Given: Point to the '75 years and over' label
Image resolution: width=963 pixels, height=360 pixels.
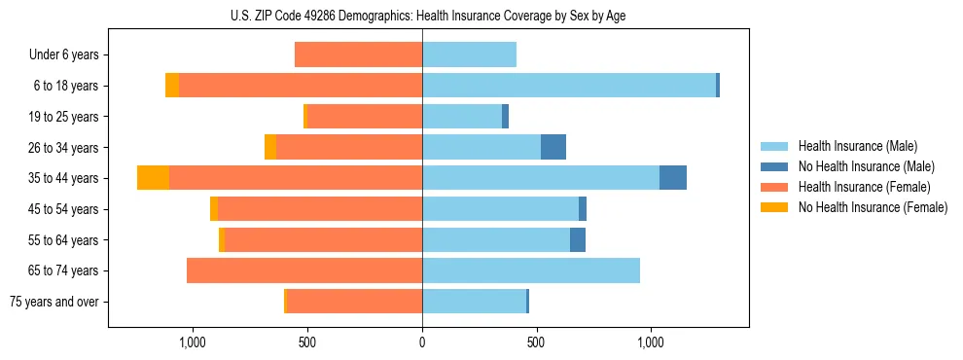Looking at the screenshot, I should pos(54,302).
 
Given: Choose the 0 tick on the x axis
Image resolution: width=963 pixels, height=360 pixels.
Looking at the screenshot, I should pos(422,342).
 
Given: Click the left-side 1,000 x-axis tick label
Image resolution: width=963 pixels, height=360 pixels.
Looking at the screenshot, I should pos(193,342).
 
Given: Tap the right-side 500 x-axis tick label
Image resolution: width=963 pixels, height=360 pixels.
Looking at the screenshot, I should pos(536,342).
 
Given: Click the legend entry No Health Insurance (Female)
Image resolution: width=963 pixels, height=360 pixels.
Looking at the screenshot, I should pos(872,207).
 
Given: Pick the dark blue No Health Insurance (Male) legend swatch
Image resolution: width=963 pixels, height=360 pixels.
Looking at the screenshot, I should pos(773,166).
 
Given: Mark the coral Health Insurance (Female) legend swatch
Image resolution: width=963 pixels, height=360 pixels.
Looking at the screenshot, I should pos(773,187).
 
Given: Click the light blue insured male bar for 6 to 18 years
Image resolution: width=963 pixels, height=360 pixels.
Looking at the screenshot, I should pos(569,86).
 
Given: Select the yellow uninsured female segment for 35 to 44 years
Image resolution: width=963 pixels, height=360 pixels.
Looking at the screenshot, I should pos(153,178).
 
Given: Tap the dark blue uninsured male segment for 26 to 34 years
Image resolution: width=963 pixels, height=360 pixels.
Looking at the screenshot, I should pos(553,147).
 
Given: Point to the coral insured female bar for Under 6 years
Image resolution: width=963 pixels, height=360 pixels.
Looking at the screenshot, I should pos(358,54).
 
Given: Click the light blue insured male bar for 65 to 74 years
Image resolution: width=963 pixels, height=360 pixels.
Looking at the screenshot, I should pos(531,270).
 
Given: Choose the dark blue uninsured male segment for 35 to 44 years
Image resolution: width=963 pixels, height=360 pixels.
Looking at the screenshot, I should pos(673,178).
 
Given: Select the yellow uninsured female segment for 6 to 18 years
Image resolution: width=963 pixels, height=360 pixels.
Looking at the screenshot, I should pos(172,86).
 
